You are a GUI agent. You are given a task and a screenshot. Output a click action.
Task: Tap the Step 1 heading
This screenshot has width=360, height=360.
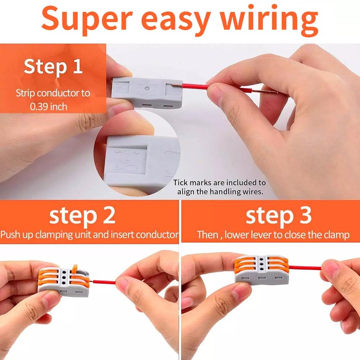coord(53,66)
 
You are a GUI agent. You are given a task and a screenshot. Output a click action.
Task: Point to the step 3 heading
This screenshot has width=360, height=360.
coord(272,216)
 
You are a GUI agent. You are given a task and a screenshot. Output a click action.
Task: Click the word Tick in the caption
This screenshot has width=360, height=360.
coord(181,183)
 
